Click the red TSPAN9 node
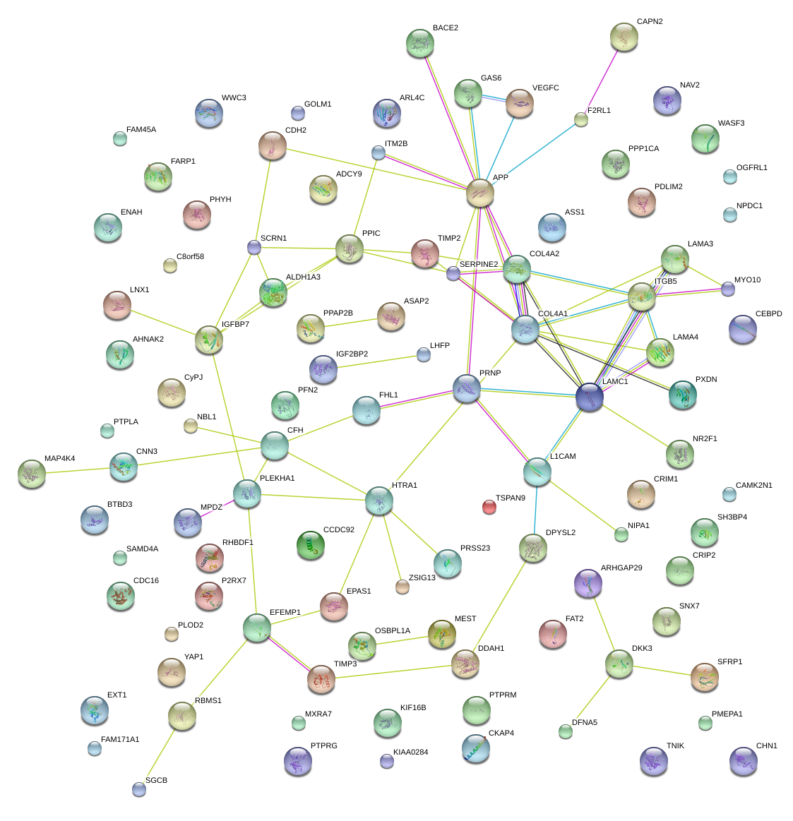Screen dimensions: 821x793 pyautogui.click(x=489, y=506)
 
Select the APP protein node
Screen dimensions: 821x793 pyautogui.click(x=480, y=193)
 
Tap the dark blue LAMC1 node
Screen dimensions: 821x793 pyautogui.click(x=590, y=397)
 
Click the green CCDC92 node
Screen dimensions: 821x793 pyautogui.click(x=310, y=545)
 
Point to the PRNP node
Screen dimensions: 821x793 pyautogui.click(x=467, y=388)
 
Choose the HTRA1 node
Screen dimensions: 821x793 pyautogui.click(x=379, y=501)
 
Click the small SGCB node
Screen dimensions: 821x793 pyautogui.click(x=139, y=789)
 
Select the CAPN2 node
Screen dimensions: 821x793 pyautogui.click(x=624, y=37)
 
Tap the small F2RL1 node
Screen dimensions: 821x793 pyautogui.click(x=581, y=119)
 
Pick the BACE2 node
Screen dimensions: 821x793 pyautogui.click(x=420, y=43)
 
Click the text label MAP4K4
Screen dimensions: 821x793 pyautogui.click(x=59, y=459)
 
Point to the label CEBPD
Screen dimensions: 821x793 pyautogui.click(x=768, y=314)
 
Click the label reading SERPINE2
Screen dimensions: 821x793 pyautogui.click(x=478, y=265)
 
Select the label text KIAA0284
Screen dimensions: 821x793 pyautogui.click(x=410, y=753)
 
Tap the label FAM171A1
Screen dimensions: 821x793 pyautogui.click(x=120, y=740)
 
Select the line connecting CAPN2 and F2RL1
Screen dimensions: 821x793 pyautogui.click(x=602, y=79)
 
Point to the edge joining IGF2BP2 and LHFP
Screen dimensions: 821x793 pyautogui.click(x=374, y=361)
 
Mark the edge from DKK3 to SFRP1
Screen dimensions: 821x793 pyautogui.click(x=661, y=670)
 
